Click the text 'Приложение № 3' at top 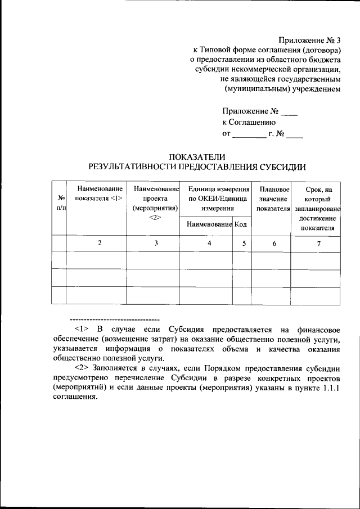pos(310,40)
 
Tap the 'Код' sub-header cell pos(241,224)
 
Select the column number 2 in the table pos(100,243)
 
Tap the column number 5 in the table pos(244,243)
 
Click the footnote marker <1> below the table pos(82,329)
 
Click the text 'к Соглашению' pos(248,122)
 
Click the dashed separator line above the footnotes pos(114,319)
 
